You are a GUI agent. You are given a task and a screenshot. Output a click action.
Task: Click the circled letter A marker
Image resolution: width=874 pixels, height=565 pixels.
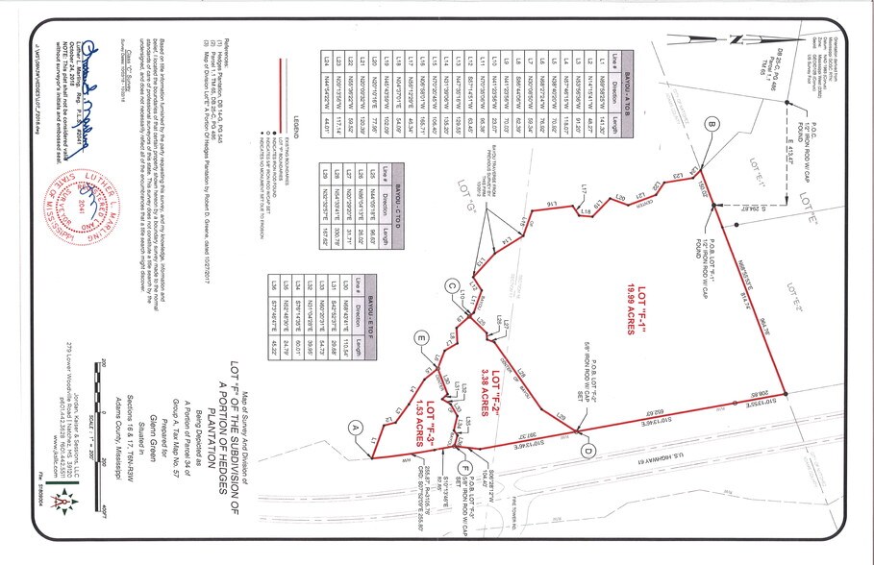pos(355,427)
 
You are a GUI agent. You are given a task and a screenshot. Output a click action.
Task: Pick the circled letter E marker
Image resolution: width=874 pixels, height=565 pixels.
pos(420,336)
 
